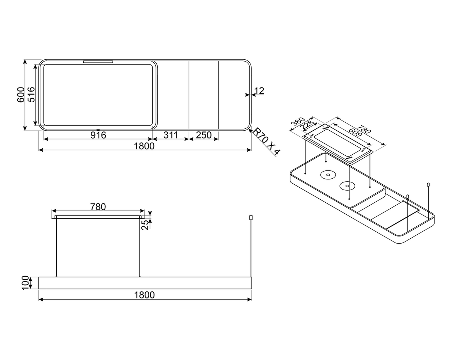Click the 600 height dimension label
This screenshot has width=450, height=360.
(21, 95)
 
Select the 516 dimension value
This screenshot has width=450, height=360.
(31, 94)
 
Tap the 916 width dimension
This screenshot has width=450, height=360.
(98, 135)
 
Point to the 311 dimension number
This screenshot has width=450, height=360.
(170, 135)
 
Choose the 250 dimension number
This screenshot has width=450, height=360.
(204, 135)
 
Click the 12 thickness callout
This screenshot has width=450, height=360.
(259, 91)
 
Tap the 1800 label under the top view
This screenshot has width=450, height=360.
(144, 146)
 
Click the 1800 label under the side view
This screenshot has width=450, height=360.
(144, 295)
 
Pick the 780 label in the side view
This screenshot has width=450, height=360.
(98, 207)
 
